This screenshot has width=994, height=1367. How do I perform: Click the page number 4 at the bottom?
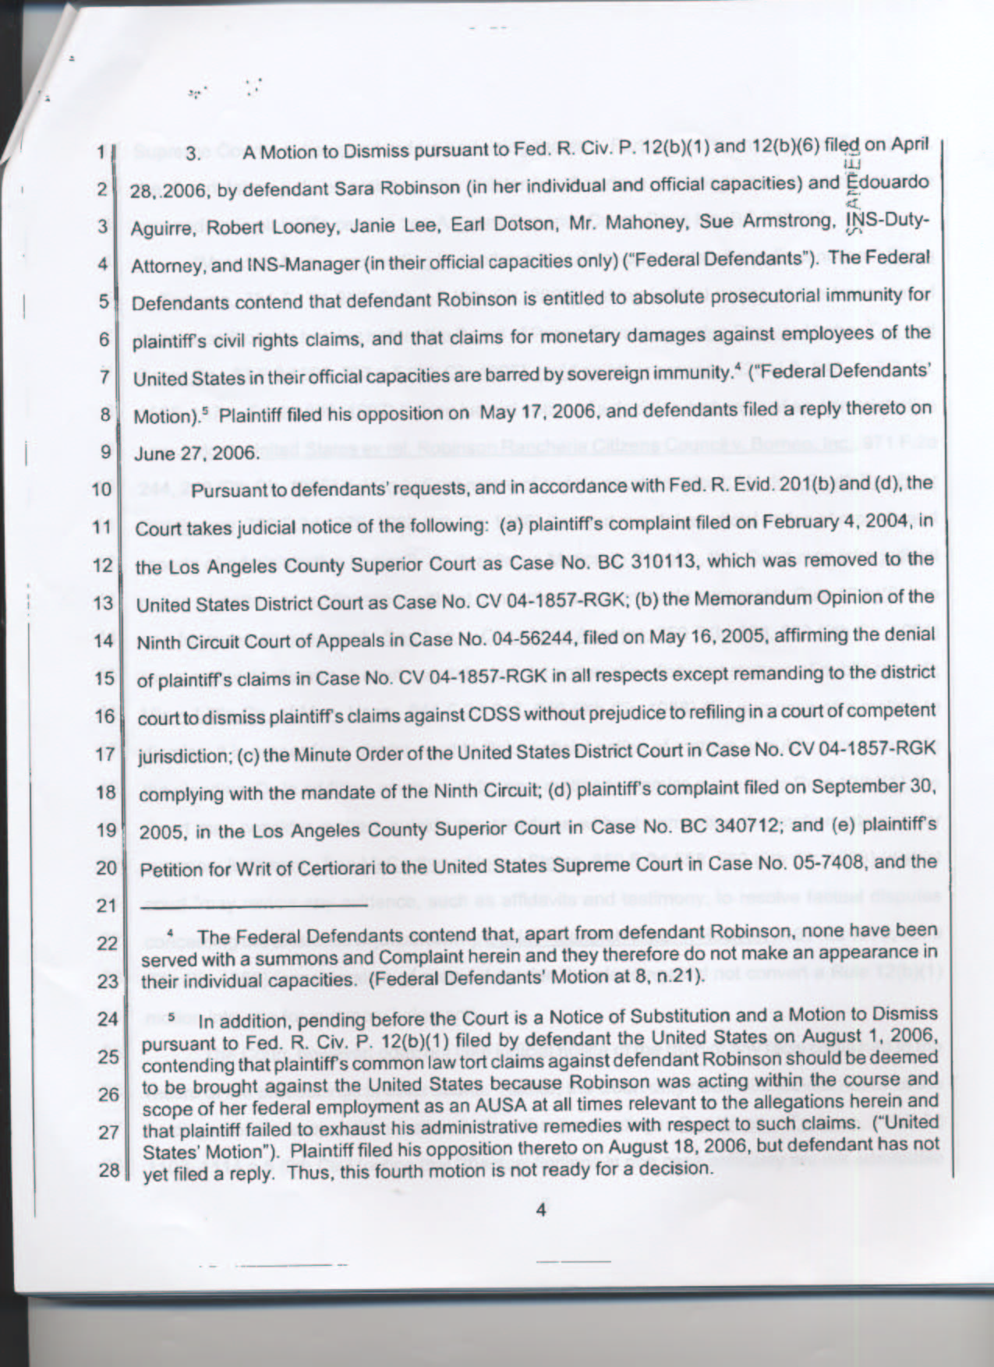click(543, 1210)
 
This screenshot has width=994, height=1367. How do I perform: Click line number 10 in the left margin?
click(102, 489)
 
